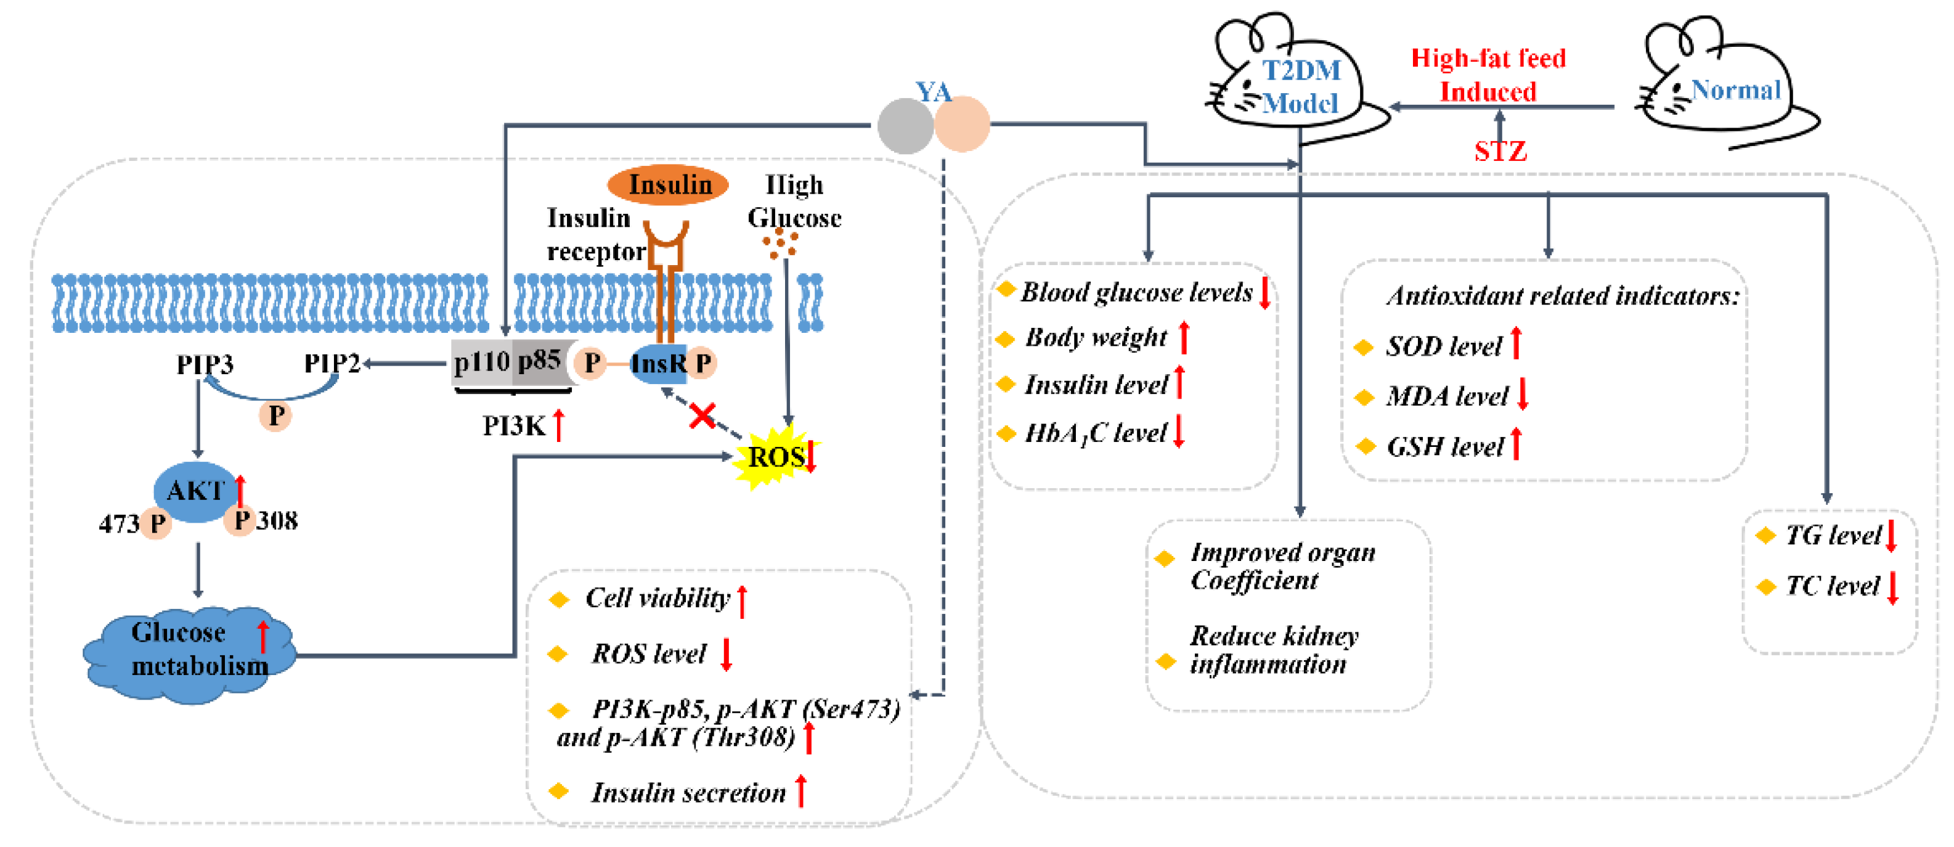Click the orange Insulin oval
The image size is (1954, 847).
[x=667, y=184]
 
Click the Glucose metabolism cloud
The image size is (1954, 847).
[x=190, y=653]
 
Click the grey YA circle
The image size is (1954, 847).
[x=906, y=126]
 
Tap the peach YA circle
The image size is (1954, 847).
[x=962, y=125]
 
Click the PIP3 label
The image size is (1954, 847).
[x=205, y=365]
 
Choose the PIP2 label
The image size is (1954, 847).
[x=332, y=364]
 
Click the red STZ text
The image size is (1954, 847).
[x=1500, y=152]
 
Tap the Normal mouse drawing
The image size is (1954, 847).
[x=1722, y=83]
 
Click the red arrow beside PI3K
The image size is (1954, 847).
[x=559, y=425]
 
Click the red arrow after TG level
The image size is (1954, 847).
[x=1891, y=536]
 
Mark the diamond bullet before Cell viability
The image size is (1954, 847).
[x=559, y=600]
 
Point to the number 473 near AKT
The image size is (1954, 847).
[x=119, y=524]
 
